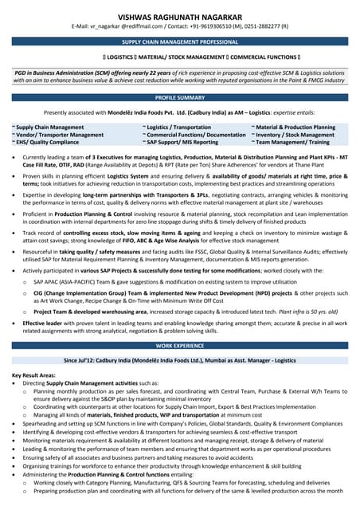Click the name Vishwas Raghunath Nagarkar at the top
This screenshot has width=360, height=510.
(179, 14)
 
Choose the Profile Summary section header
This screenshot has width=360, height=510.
(180, 97)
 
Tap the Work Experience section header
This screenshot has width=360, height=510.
(180, 347)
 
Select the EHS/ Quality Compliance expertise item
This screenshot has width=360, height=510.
(46, 143)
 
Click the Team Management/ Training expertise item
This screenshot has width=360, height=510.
(291, 143)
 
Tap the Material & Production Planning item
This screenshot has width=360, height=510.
(295, 127)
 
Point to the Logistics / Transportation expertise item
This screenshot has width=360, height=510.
(177, 127)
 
